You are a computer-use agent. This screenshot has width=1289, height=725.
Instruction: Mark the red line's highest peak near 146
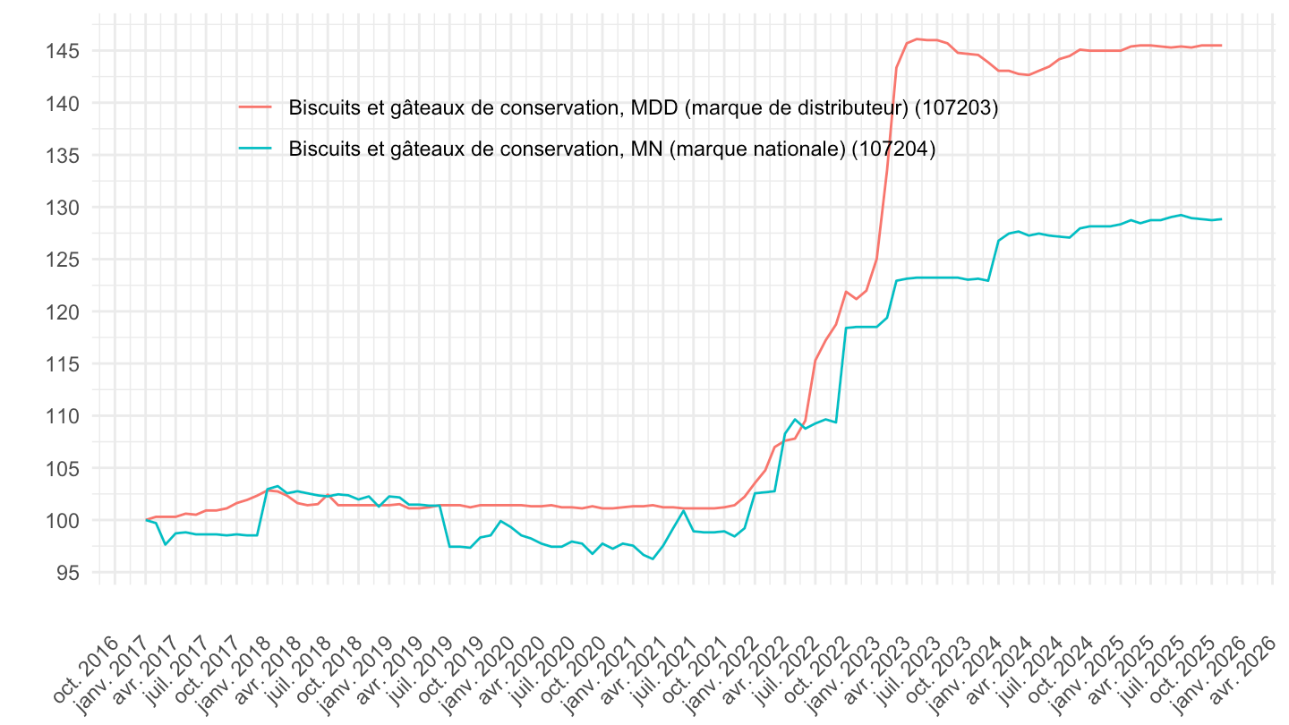(918, 38)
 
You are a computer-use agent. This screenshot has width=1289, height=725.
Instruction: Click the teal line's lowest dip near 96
(653, 559)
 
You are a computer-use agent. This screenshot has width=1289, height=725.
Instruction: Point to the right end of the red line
(1221, 46)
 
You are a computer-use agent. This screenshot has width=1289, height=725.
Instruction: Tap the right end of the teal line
(1221, 219)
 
